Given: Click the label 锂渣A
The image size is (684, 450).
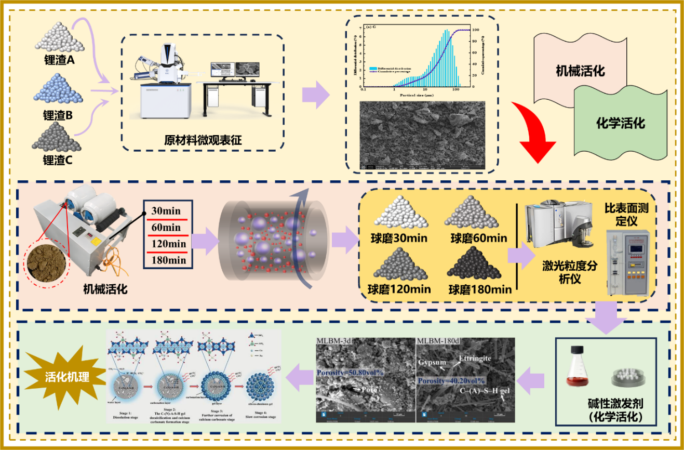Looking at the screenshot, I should pos(59,60).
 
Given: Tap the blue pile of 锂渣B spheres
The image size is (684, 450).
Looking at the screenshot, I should pos(58,89).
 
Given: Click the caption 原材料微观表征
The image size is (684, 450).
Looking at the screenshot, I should pos(203,140).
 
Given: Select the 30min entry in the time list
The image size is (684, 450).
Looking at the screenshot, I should pos(166,211).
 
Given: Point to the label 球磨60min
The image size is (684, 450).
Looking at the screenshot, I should pos(479,239).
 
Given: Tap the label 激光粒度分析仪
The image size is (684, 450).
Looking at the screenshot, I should pos(569,272).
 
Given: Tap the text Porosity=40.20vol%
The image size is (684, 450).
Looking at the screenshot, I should pos(451,380).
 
